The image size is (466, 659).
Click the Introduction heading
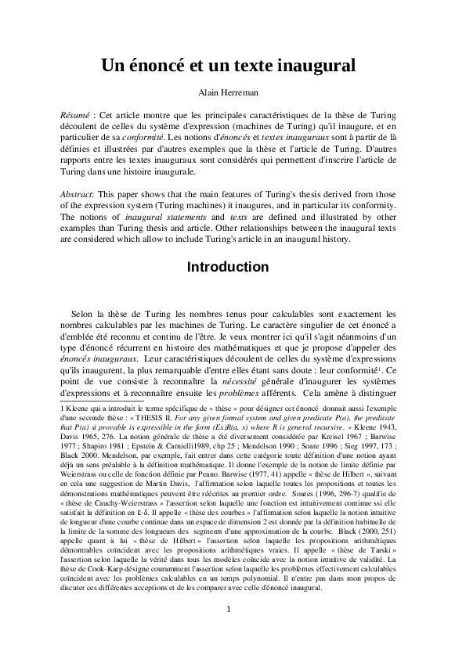point(233,267)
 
